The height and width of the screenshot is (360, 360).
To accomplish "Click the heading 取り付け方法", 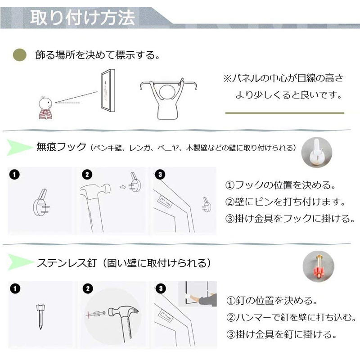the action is tap(82, 17).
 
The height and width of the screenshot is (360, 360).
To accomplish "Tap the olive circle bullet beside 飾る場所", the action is tap(20, 55).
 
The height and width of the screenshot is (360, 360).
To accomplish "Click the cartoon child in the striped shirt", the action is tap(45, 108).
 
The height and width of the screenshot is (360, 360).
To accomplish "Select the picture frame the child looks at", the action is tap(108, 90).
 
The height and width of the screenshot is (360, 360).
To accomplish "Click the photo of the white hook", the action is tap(317, 152).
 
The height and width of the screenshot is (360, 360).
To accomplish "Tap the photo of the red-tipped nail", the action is tap(318, 266).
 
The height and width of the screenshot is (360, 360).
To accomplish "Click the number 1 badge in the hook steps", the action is tap(14, 175).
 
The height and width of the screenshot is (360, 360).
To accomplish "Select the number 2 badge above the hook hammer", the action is tap(87, 175).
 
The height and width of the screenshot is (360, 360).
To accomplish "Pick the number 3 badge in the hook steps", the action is tap(160, 175).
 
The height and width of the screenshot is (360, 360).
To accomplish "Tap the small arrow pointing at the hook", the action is tap(123, 187).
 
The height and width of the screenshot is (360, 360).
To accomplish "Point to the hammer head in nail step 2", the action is tap(123, 312).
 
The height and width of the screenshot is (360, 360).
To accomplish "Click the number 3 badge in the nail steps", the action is tap(161, 288).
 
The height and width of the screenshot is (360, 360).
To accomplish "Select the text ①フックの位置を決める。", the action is tap(280, 185).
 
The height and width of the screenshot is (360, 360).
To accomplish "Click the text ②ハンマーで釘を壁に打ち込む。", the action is tap(291, 318).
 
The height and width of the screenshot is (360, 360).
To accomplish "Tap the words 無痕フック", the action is tap(61, 147).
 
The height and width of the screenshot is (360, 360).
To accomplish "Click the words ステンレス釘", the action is tap(67, 263).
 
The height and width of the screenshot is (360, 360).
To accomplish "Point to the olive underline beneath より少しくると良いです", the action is tap(285, 113).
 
